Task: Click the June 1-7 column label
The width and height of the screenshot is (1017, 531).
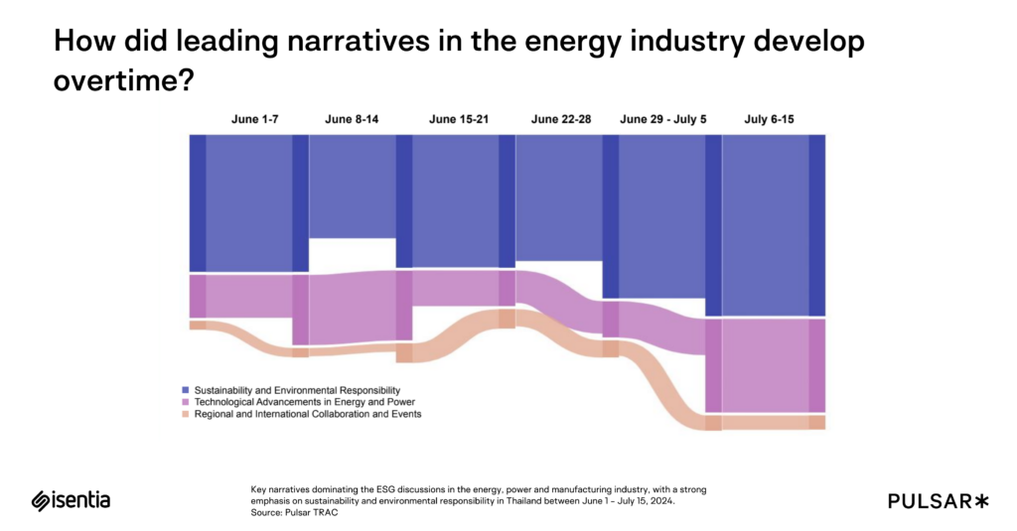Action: coord(255,119)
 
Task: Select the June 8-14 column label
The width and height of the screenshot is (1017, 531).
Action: coord(352,119)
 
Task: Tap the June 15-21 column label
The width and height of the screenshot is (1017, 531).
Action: coord(457,119)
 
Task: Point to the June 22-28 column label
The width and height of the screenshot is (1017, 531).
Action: coord(561,119)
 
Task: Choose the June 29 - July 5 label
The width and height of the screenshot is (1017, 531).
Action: coord(663,119)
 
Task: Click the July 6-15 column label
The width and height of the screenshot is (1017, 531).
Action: coord(769,119)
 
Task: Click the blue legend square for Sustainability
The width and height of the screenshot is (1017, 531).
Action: coord(186,390)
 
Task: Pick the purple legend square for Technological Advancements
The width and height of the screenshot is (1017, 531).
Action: coord(186,402)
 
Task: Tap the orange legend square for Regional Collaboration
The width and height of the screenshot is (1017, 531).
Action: coord(186,414)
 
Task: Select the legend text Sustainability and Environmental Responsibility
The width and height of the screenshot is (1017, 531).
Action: coord(297,390)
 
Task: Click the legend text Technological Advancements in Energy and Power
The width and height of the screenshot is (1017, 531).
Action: coord(305,402)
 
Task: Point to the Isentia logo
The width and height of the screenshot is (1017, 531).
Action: coord(71,500)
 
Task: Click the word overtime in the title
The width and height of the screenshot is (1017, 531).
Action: coord(122,80)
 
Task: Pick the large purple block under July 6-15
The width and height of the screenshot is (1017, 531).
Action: coord(765,364)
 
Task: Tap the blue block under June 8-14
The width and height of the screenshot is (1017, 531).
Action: coord(353,187)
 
